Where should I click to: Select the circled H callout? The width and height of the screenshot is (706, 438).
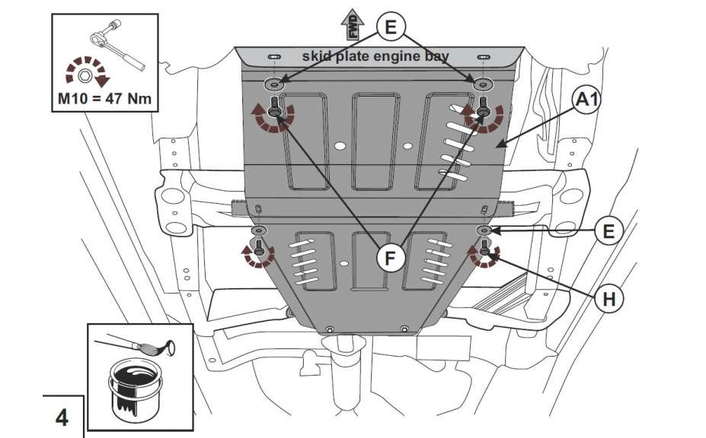(x=609, y=299)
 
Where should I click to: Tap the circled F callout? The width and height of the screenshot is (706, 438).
(x=389, y=259)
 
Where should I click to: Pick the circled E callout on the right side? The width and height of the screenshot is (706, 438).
(x=608, y=230)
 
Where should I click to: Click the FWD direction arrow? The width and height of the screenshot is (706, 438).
(x=352, y=23)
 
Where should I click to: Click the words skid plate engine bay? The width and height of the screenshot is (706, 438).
(x=376, y=56)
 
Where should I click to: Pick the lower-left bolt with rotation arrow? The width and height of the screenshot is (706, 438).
(x=258, y=248)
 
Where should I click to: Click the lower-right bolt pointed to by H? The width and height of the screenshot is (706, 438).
(x=485, y=247)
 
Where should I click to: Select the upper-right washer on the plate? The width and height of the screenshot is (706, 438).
(x=481, y=83)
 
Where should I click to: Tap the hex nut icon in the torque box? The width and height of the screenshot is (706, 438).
(x=85, y=75)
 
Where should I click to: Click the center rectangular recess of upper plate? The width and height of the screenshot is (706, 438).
(x=375, y=141)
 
